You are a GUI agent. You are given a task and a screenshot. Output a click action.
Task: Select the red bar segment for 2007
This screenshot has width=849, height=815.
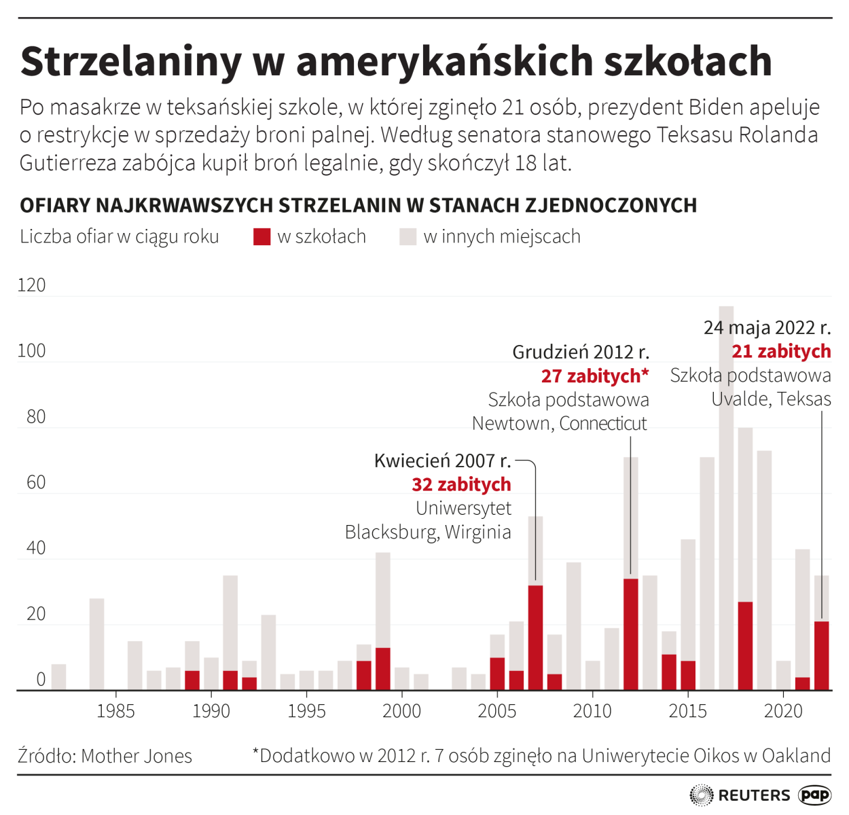coord(535,637)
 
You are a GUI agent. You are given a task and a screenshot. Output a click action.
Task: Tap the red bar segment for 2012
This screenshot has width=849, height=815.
coord(631,634)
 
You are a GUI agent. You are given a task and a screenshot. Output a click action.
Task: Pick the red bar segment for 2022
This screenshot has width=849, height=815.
coord(822,655)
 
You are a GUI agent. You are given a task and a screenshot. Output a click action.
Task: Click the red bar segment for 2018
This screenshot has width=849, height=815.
coord(745,645)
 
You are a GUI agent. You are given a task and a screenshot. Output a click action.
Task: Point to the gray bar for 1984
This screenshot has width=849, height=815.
coord(96,644)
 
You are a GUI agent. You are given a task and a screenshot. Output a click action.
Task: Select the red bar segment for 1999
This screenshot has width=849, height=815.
coord(382,668)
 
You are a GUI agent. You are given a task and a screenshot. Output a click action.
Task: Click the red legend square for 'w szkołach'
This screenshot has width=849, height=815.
coord(261,236)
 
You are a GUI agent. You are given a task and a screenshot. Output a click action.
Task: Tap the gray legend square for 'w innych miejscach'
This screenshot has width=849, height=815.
coord(408,236)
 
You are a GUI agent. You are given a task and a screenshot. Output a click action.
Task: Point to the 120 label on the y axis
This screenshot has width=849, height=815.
coord(31,285)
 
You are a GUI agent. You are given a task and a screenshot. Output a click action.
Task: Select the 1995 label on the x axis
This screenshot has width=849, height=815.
coord(306,711)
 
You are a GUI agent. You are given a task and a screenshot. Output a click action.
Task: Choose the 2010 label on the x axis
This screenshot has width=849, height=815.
coord(592,711)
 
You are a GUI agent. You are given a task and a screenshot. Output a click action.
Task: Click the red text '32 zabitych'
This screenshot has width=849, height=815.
coord(461,484)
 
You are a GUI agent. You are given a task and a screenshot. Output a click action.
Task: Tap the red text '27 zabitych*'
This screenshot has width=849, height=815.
coord(595,376)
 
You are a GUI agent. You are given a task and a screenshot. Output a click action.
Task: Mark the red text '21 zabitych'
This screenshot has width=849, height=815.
coord(781,351)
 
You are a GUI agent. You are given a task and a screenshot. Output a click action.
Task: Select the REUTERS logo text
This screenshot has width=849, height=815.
coord(754,795)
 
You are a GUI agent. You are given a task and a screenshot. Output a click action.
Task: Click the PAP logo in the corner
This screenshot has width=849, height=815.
coord(814,795)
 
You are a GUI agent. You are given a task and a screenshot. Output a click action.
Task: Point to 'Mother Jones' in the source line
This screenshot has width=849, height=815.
coord(137,756)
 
